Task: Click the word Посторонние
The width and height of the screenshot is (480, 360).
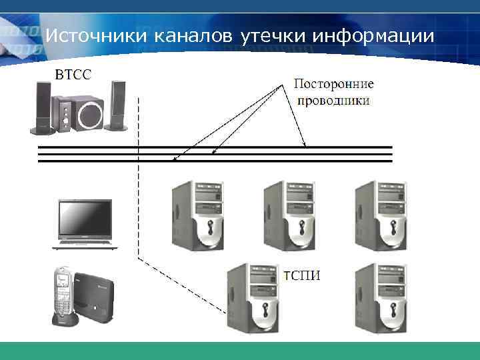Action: coord(333,85)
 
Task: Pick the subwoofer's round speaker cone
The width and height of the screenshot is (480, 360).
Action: coord(90,116)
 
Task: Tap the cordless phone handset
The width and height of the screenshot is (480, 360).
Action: coord(63,293)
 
